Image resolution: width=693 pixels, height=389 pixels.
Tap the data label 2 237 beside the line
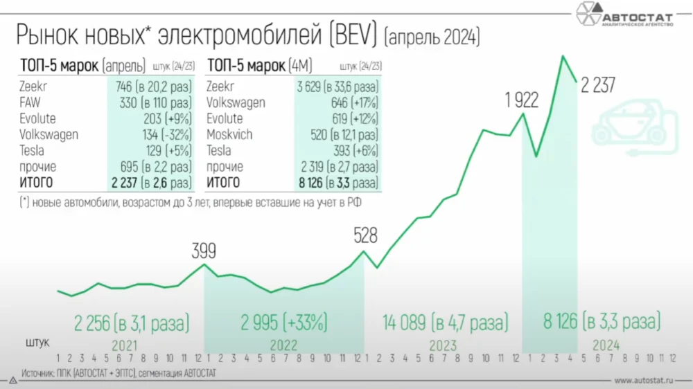click(598, 85)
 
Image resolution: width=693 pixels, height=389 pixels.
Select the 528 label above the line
click(365, 235)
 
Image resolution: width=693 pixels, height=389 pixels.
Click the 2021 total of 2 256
click(132, 322)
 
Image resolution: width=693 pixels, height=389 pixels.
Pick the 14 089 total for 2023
click(446, 322)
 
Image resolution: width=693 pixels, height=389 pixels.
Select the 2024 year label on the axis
click(606, 345)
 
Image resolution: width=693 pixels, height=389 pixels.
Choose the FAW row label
click(30, 102)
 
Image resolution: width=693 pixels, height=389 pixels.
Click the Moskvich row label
click(229, 134)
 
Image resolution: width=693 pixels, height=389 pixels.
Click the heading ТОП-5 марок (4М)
click(260, 66)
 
